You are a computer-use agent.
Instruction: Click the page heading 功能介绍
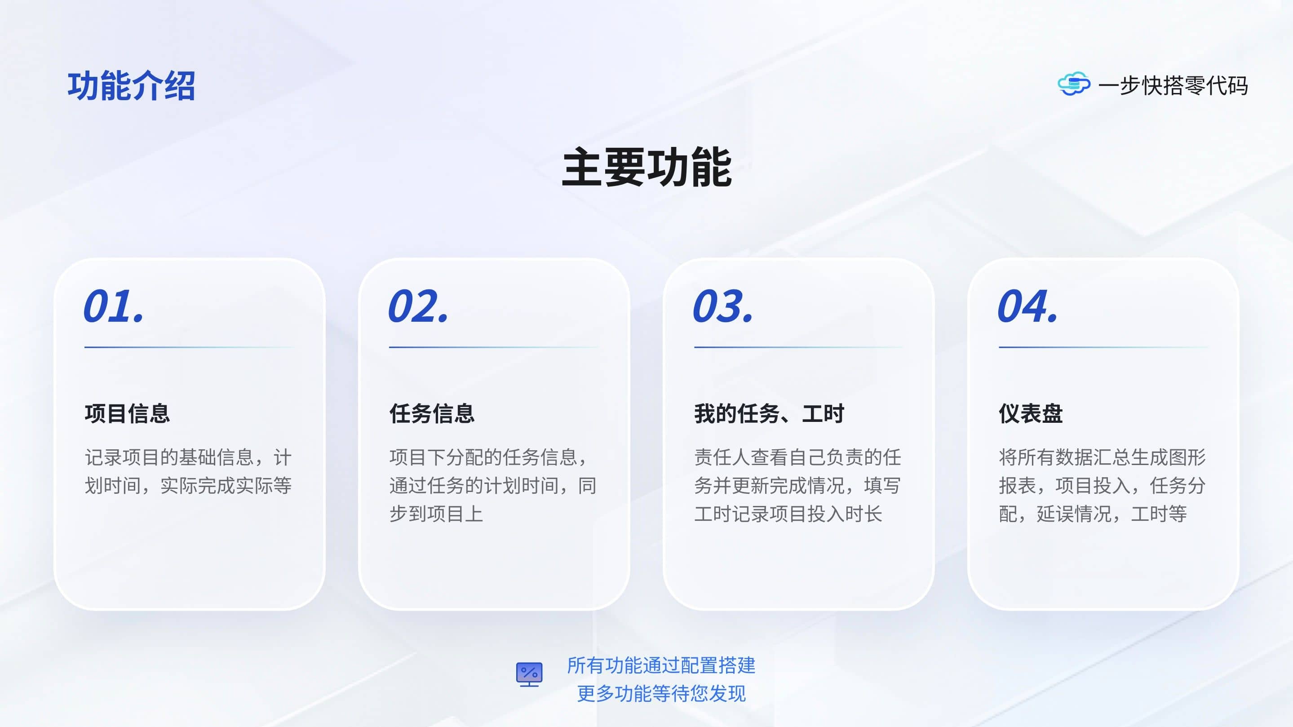click(132, 86)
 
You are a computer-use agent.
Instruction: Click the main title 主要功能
click(646, 167)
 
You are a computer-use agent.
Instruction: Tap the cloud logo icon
click(1074, 84)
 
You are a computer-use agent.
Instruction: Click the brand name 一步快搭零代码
click(1173, 85)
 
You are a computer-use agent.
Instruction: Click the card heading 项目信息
click(128, 414)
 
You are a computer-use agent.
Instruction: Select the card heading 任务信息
click(432, 414)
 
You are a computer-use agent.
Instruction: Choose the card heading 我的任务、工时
click(769, 414)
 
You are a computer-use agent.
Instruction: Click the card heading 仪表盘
click(1031, 414)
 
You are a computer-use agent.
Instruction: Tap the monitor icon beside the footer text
click(529, 674)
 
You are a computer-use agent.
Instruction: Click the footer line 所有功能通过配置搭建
click(661, 665)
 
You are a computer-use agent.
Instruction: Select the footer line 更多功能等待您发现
click(661, 693)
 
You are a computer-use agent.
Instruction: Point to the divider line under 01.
click(190, 347)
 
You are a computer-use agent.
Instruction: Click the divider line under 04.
click(1104, 347)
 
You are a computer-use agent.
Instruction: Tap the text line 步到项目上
click(436, 514)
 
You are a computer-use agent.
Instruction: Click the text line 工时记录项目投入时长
click(788, 514)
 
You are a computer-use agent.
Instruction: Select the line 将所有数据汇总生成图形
click(1102, 457)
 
